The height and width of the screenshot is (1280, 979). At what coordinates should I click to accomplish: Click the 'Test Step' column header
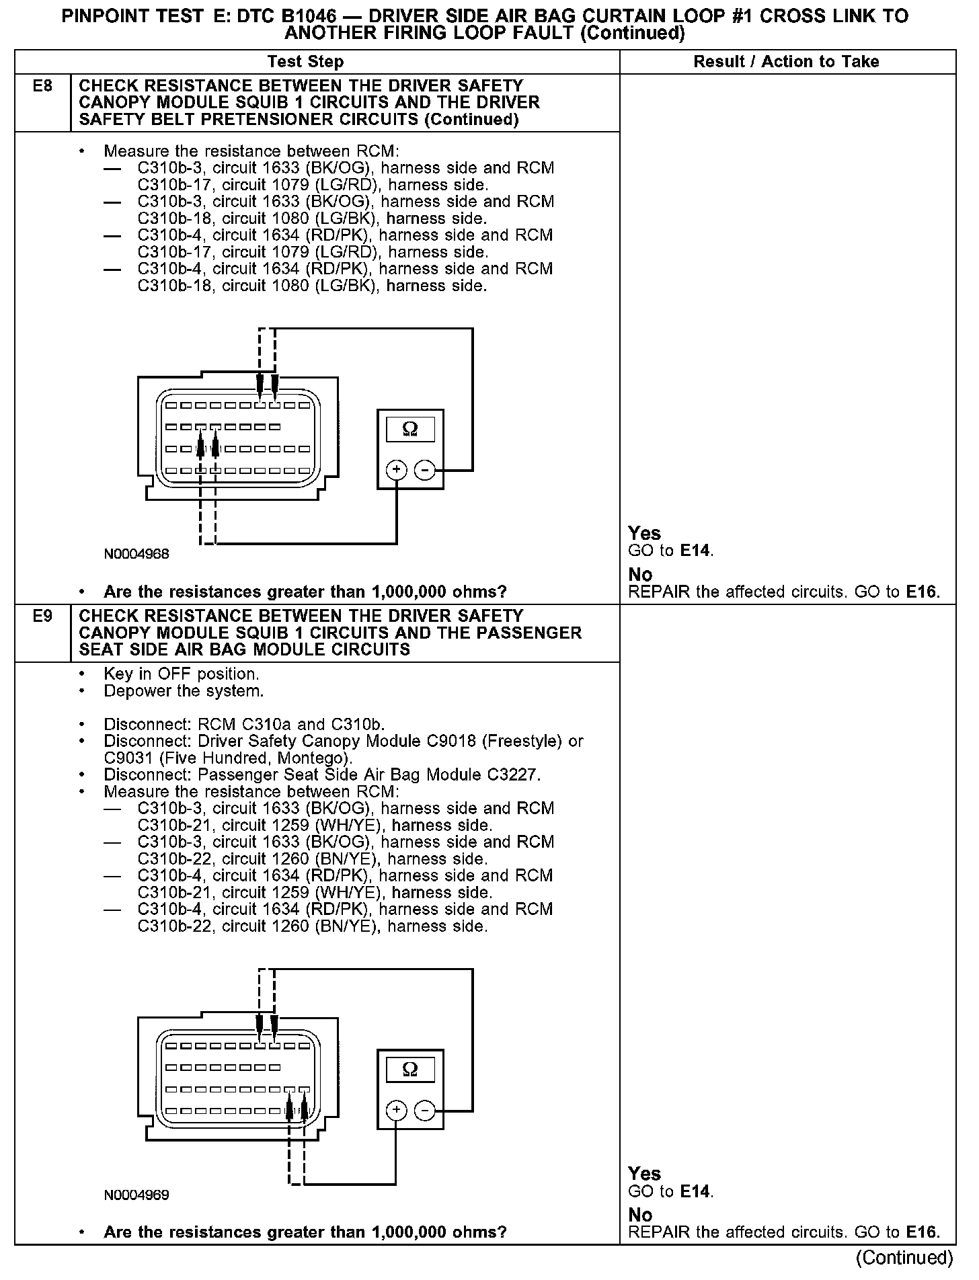[x=305, y=62]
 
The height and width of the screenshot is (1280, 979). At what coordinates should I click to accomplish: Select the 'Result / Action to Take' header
[x=786, y=62]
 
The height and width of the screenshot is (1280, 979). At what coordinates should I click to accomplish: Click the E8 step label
[x=42, y=86]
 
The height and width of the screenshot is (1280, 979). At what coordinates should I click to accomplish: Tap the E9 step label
[x=42, y=616]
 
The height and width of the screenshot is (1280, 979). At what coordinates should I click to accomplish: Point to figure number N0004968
[x=136, y=555]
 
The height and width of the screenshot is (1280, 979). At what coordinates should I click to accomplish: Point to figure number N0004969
[x=136, y=1195]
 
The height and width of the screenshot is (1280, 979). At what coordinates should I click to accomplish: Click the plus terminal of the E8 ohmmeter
[x=397, y=470]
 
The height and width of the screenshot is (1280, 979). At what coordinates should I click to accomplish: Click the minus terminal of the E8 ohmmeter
[x=424, y=470]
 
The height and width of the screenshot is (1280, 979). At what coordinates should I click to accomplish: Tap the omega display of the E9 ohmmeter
[x=409, y=1069]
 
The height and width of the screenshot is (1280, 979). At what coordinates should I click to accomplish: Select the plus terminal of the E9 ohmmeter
[x=397, y=1111]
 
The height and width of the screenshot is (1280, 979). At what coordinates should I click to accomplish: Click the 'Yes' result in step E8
[x=644, y=533]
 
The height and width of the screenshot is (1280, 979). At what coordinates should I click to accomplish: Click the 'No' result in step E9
[x=640, y=1215]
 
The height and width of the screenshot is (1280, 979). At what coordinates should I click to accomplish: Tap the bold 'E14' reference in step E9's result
[x=695, y=1192]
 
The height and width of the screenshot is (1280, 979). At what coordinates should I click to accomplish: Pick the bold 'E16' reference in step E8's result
[x=921, y=592]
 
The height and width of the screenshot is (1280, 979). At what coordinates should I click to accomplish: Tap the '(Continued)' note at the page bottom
[x=904, y=1257]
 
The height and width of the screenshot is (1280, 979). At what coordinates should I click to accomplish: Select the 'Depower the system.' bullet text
[x=184, y=691]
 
